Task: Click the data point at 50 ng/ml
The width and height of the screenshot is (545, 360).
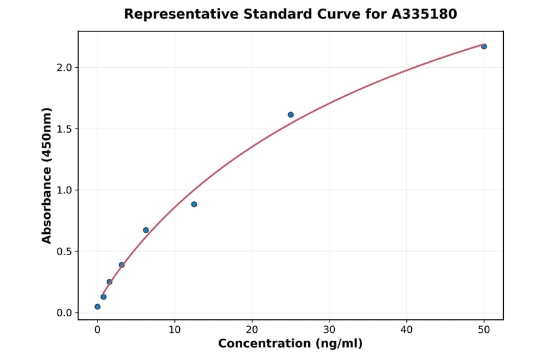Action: (484, 47)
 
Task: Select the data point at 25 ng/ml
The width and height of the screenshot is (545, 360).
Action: (291, 115)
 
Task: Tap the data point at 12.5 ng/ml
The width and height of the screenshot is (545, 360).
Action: (194, 204)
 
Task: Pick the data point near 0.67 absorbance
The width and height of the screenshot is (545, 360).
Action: (146, 230)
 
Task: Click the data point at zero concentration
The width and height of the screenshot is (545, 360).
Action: (97, 307)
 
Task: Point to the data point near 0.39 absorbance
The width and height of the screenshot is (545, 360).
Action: (122, 265)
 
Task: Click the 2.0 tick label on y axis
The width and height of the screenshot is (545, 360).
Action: (64, 67)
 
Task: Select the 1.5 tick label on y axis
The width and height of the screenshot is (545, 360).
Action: (64, 129)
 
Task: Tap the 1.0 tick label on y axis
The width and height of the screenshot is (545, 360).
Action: (64, 190)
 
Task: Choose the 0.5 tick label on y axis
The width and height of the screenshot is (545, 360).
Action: (64, 252)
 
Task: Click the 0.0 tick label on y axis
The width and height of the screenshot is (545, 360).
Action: (64, 313)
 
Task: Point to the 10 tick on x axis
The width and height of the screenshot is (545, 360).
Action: (174, 329)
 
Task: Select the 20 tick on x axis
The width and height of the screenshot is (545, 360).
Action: (252, 329)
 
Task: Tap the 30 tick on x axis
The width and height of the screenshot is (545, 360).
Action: (329, 329)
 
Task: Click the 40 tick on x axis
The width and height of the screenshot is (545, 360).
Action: (406, 329)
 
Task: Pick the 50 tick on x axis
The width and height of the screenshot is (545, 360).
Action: (484, 329)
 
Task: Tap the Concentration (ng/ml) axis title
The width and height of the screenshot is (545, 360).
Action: (290, 344)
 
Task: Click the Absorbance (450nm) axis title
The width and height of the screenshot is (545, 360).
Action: (47, 175)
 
